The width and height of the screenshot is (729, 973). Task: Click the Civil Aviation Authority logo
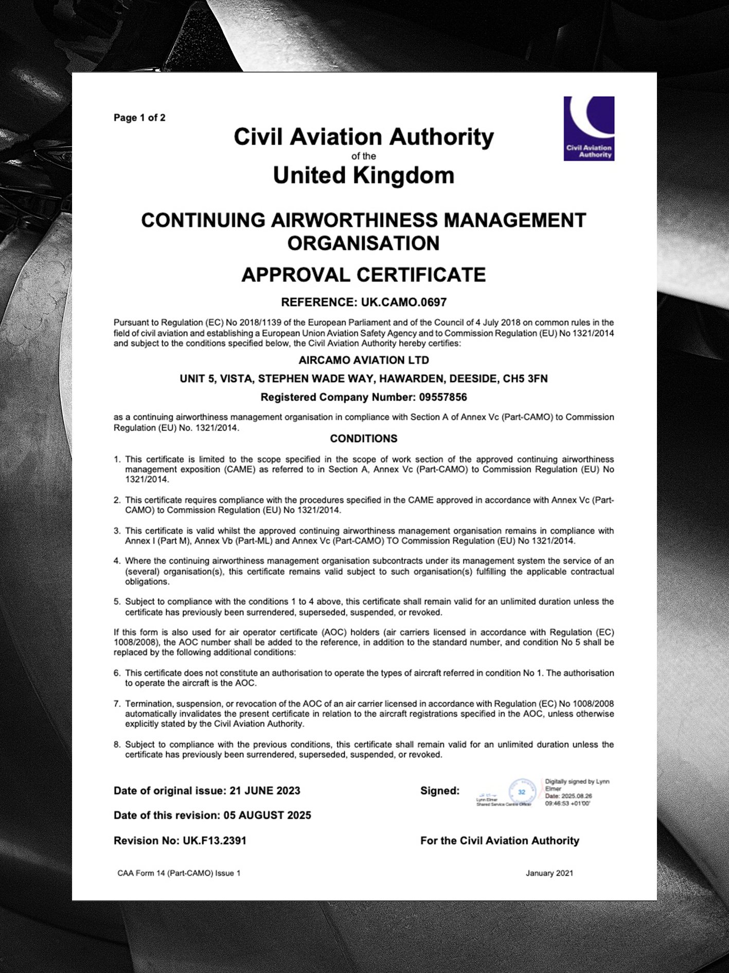[x=589, y=128]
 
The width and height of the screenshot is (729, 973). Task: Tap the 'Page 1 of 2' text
[x=139, y=118]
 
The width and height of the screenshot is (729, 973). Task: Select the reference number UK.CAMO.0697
[x=404, y=302]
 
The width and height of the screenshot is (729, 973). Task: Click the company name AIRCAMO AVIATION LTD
[x=364, y=360]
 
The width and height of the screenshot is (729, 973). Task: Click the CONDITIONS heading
[x=364, y=439]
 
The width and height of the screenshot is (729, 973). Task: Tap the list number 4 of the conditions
[x=117, y=561]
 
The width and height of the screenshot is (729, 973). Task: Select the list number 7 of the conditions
[x=117, y=704]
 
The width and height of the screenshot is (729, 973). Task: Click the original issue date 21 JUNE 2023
[x=264, y=791]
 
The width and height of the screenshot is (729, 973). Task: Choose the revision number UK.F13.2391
[x=215, y=841]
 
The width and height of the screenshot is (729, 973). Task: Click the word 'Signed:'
[x=440, y=791]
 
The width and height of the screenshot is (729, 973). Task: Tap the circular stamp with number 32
[x=522, y=792]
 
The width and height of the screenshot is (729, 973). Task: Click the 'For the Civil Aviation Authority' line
[x=500, y=841]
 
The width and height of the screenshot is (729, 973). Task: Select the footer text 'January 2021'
[x=549, y=873]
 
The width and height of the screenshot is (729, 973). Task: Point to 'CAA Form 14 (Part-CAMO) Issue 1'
[x=179, y=873]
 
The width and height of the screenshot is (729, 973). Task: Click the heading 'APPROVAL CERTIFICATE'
[x=364, y=275]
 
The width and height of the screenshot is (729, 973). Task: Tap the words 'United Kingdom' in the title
[x=364, y=176]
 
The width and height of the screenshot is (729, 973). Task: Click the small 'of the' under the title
[x=364, y=156]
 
